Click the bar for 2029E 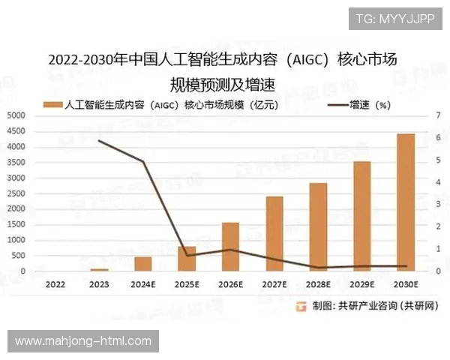362,216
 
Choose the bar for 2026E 230,247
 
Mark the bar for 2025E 187,259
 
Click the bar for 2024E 142,264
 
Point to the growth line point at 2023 99,140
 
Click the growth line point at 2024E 142,161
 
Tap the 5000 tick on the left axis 16,115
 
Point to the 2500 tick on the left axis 16,193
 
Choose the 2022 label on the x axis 55,285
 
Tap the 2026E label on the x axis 230,285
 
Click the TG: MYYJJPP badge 394,19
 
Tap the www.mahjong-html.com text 83,341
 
